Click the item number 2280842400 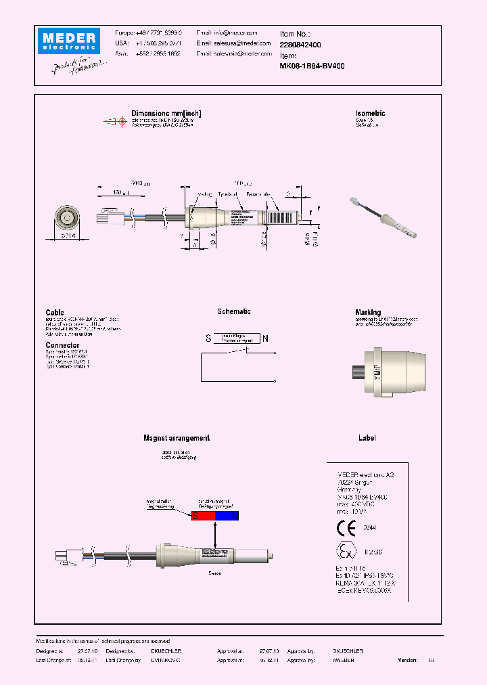pos(300,44)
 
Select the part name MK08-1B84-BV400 pos(312,66)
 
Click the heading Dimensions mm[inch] pos(166,114)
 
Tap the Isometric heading pos(370,114)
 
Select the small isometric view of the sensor pos(382,217)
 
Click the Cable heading pos(55,313)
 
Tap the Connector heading pos(62,345)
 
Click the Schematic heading pos(234,312)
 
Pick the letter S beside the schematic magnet pos(208,338)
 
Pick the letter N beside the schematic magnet pos(265,338)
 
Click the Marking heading pos(368,313)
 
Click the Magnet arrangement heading pos(177,439)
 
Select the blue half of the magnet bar pos(227,516)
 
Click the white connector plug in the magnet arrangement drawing pos(64,557)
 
